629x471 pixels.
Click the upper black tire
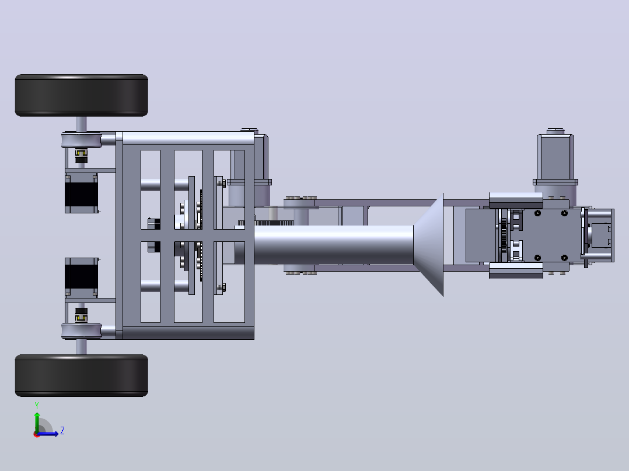82,96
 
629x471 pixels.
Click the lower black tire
82,375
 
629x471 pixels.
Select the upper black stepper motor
82,193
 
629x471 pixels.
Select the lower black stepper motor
82,278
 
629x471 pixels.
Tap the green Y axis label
37,406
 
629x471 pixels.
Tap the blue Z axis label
62,431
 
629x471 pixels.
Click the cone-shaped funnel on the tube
428,245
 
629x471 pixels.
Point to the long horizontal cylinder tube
334,245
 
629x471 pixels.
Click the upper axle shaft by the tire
81,124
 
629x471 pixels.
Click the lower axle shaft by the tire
81,347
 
